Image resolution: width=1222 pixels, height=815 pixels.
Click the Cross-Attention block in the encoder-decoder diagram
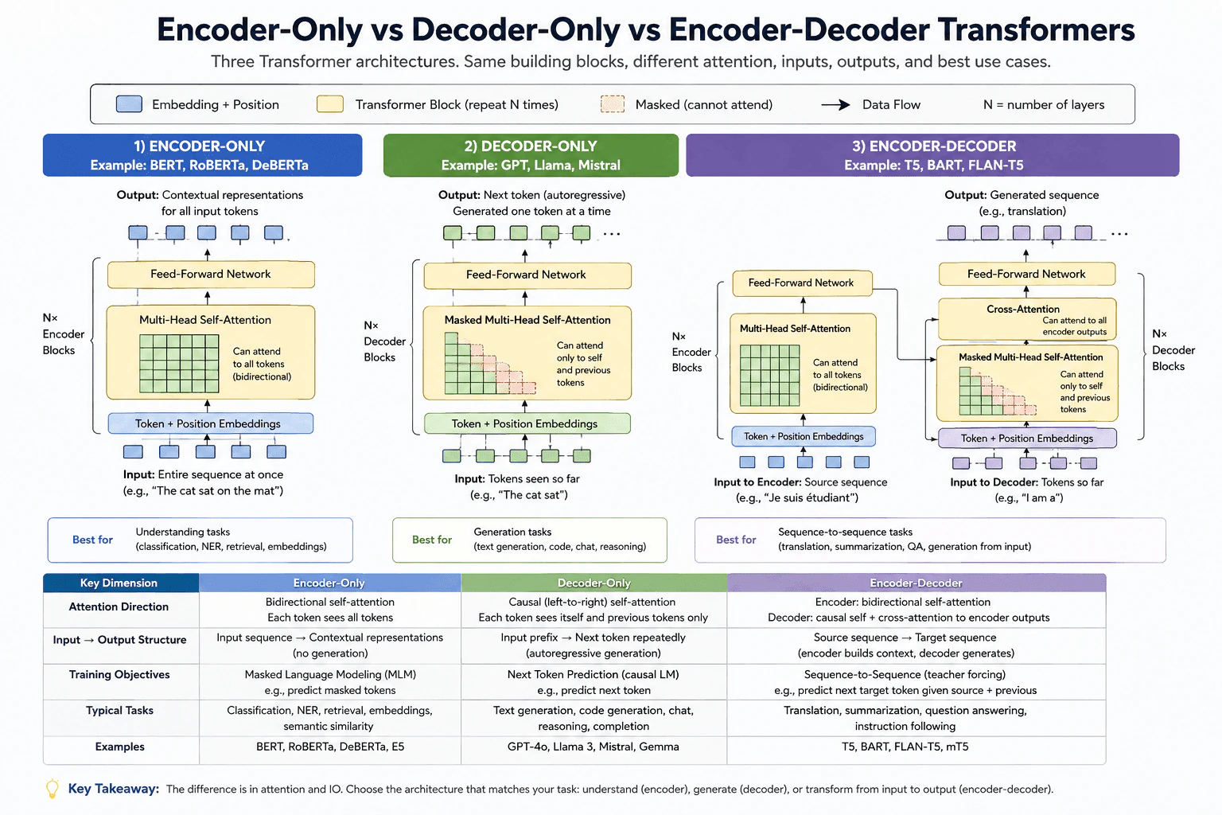1027,319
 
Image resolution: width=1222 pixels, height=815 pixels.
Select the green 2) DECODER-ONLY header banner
531,155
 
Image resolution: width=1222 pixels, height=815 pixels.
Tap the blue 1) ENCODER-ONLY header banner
202,155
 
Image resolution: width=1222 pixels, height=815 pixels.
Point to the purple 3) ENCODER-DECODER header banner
932,155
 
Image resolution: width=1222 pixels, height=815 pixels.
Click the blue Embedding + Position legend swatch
130,104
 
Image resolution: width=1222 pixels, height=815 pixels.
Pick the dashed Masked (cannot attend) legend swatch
612,104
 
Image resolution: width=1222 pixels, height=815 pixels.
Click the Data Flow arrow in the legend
835,104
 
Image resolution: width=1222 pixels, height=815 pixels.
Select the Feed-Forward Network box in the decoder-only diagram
527,275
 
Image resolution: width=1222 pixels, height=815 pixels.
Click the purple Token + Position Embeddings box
1027,439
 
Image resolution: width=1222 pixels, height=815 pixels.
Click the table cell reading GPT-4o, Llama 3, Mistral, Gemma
593,747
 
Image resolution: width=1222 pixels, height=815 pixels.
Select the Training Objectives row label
119,675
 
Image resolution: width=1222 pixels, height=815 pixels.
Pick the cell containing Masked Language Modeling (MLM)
330,682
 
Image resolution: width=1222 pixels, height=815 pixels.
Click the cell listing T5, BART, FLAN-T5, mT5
905,747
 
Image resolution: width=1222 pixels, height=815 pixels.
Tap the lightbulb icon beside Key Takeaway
52,789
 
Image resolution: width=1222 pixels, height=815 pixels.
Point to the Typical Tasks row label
119,711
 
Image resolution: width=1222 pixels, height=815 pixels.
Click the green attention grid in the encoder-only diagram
179,364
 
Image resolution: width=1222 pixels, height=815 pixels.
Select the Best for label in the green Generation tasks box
431,540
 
